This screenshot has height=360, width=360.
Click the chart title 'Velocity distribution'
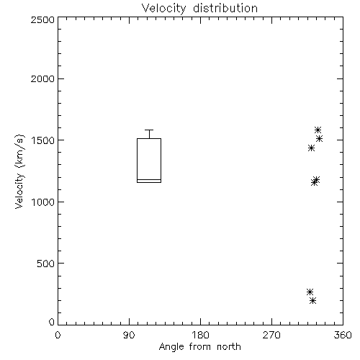point(199,9)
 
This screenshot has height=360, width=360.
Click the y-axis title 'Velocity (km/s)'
point(19,171)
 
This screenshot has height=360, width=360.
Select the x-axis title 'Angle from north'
point(199,347)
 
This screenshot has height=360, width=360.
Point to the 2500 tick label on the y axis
point(42,19)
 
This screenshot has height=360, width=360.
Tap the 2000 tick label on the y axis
point(42,78)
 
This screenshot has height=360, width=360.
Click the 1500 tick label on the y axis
point(43,140)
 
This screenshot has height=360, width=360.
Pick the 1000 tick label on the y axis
point(43,202)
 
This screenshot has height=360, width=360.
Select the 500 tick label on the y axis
point(46,264)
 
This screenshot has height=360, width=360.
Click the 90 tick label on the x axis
point(129,335)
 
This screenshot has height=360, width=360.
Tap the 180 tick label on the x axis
point(200,335)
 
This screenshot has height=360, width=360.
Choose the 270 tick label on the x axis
point(271,335)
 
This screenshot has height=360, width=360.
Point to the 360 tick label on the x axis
point(343,335)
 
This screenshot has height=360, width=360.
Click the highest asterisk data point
point(318,130)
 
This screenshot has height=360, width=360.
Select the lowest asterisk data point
point(312,300)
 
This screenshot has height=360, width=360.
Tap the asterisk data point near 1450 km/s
point(311,148)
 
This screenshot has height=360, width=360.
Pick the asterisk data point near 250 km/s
point(310,292)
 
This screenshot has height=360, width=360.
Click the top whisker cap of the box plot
point(149,130)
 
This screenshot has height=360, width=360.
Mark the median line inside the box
point(149,179)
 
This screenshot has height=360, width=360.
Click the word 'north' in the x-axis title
point(229,347)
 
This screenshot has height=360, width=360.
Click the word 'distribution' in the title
point(225,9)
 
